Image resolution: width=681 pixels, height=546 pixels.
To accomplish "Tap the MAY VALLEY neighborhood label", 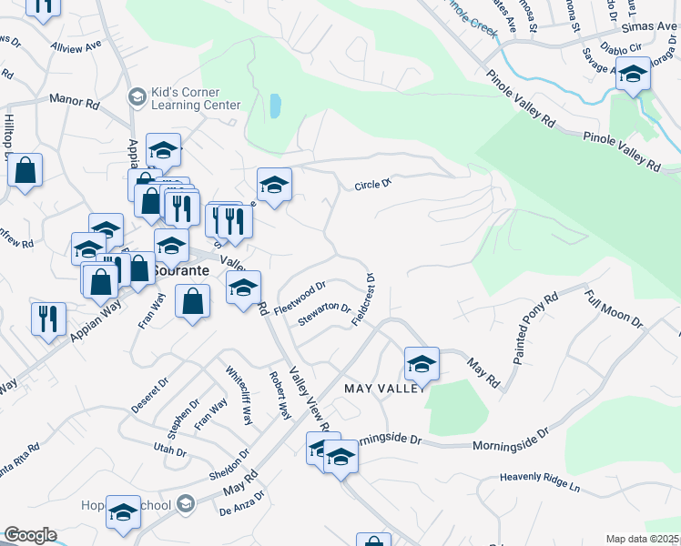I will click(x=382, y=389).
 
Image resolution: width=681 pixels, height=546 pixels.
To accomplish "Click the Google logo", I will click(x=30, y=535).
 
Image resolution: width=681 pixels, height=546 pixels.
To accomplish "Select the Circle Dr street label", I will click(x=372, y=185).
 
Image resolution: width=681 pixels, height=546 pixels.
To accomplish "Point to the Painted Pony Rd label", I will click(x=534, y=329).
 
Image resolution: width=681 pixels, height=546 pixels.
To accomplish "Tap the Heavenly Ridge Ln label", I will click(x=540, y=478).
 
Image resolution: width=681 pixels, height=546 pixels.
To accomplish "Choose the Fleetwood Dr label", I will click(x=300, y=297).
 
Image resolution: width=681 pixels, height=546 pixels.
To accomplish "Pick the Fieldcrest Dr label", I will click(x=366, y=300).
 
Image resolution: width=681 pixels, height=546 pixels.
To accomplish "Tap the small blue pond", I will click(x=275, y=106).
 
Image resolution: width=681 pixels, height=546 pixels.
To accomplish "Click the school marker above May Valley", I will click(x=422, y=364).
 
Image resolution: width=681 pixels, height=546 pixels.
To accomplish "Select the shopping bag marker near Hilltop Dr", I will click(x=25, y=169).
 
